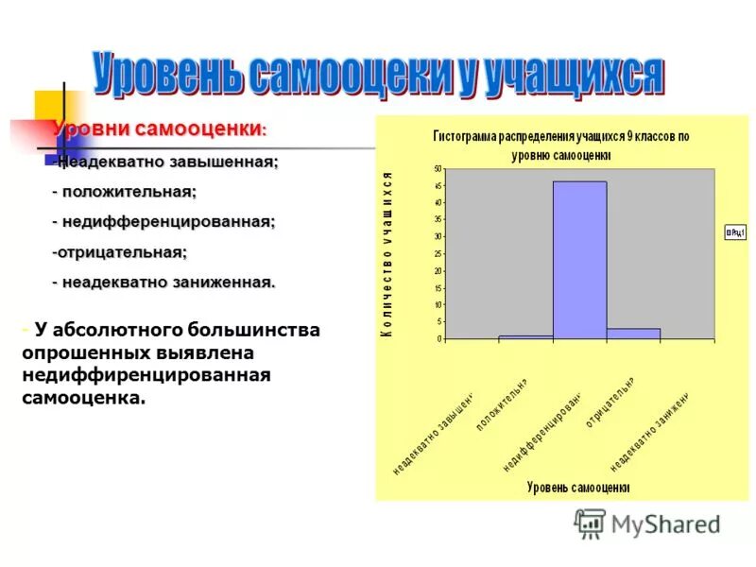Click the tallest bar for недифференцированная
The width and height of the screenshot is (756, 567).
point(579,260)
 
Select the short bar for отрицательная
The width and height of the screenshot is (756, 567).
point(633,334)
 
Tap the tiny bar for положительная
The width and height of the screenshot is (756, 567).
point(525,336)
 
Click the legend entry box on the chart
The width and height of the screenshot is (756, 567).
point(735,232)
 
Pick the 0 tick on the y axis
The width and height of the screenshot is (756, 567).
point(439,338)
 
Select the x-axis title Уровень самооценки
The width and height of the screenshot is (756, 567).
point(577,488)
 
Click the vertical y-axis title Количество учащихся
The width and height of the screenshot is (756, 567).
point(387,254)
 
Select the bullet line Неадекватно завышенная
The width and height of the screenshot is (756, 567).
point(167,163)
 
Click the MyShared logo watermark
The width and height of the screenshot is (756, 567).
point(647,524)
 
